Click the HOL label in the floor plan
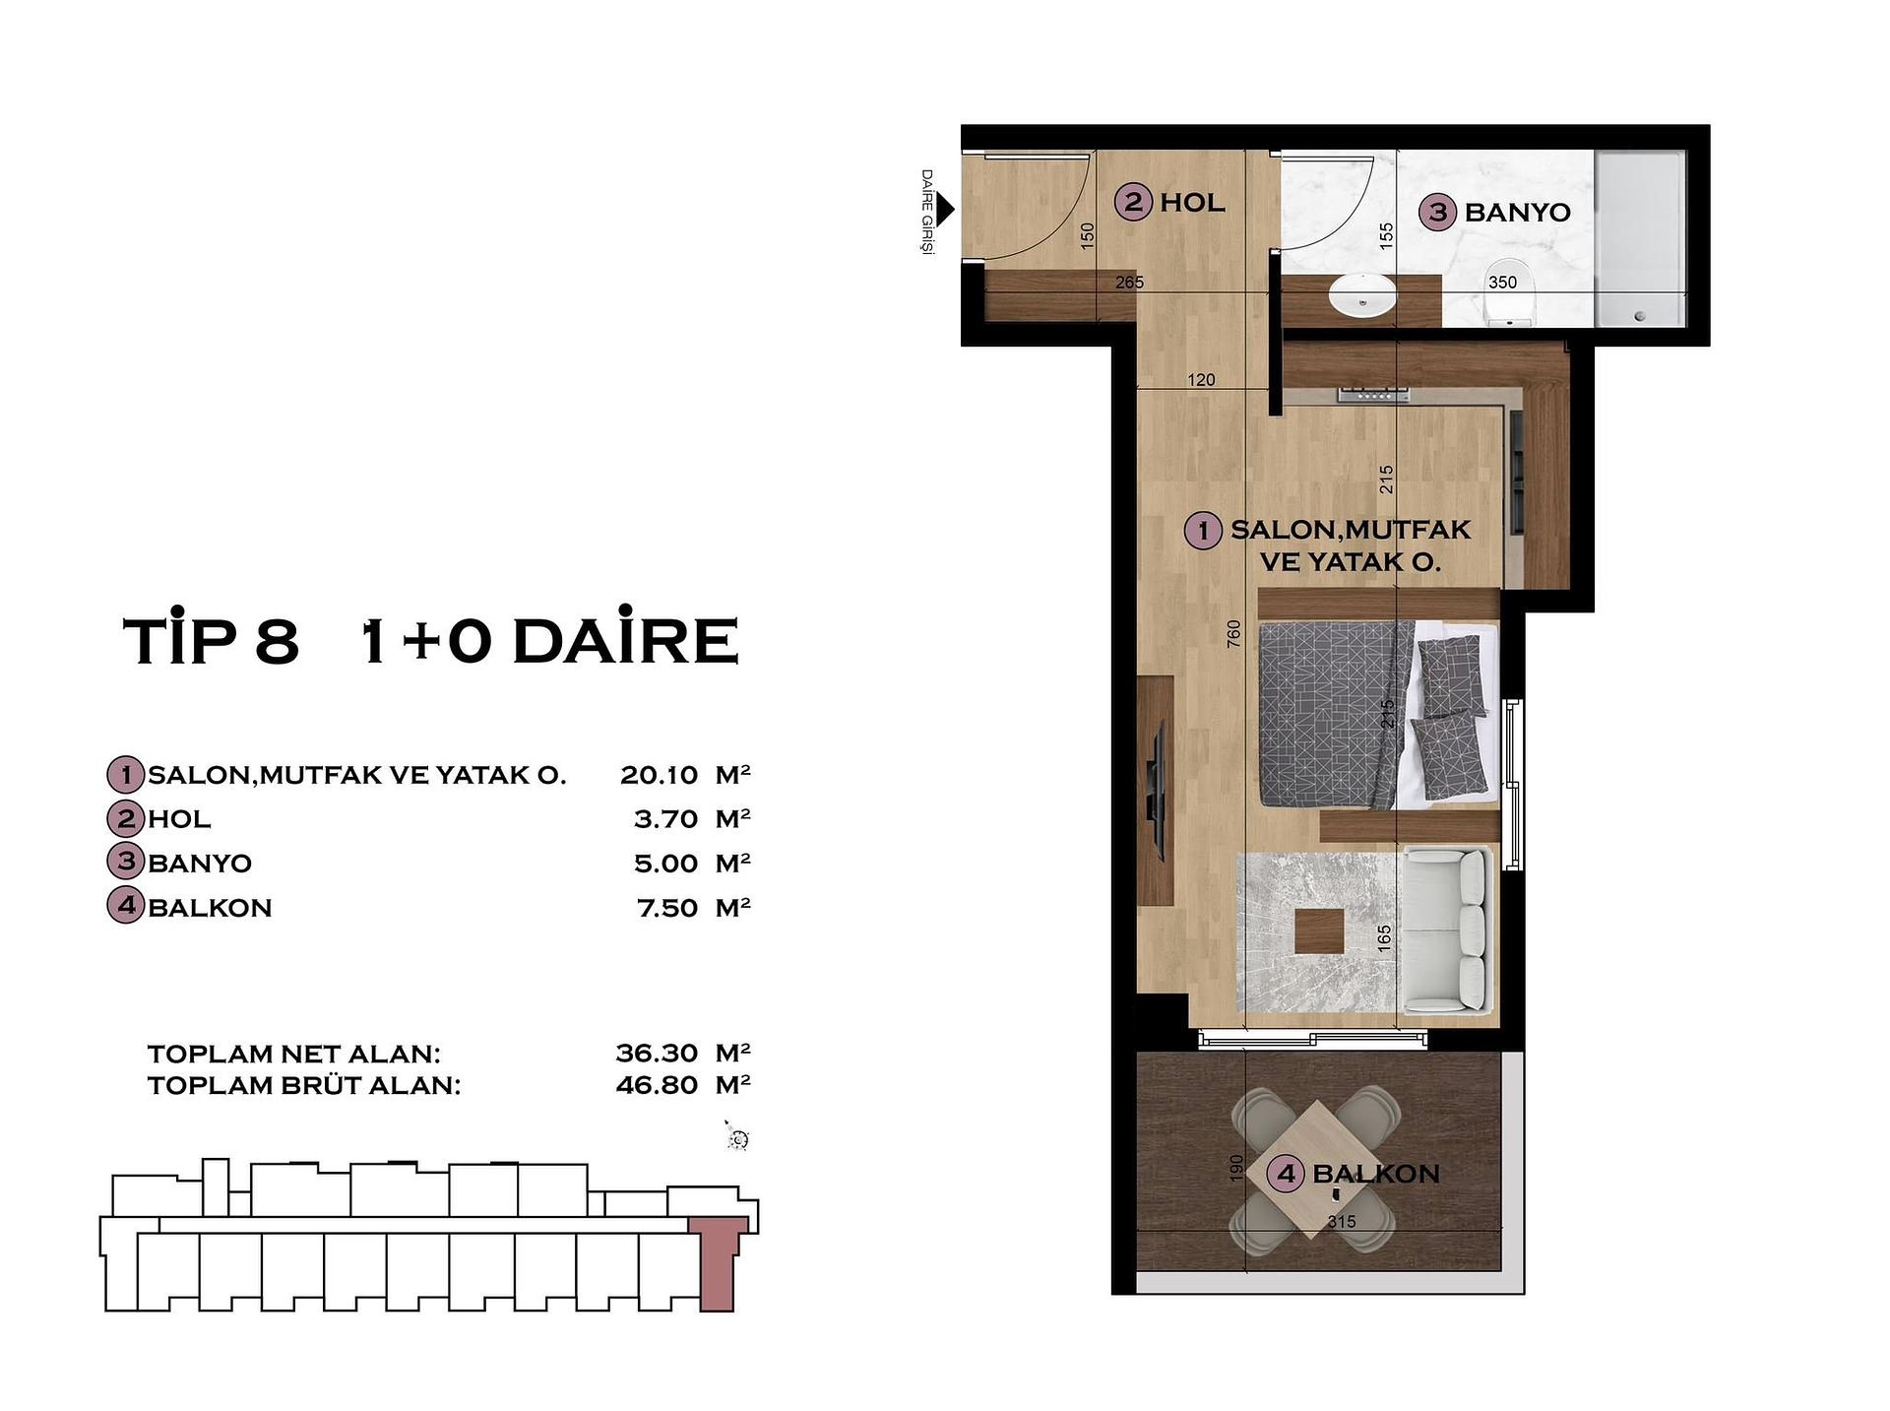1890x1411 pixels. [1192, 203]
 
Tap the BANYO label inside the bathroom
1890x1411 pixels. [1517, 212]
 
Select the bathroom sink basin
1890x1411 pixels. [1362, 294]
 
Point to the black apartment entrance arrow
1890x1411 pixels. [945, 209]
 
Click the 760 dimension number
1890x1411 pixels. [1234, 634]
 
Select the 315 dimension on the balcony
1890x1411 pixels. [1341, 1221]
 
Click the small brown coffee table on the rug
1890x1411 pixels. [1319, 931]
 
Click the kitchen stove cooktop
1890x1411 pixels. [1373, 395]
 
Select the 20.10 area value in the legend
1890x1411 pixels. [659, 775]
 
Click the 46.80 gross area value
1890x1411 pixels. [657, 1085]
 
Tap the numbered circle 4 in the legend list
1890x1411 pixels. [125, 906]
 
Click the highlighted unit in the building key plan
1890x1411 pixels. [718, 1264]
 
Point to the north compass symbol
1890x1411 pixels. [737, 1139]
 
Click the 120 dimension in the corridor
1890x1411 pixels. [1201, 380]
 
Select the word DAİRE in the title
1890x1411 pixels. [625, 641]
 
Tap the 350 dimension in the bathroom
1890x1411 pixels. [1502, 283]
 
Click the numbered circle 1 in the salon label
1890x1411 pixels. [1202, 531]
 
